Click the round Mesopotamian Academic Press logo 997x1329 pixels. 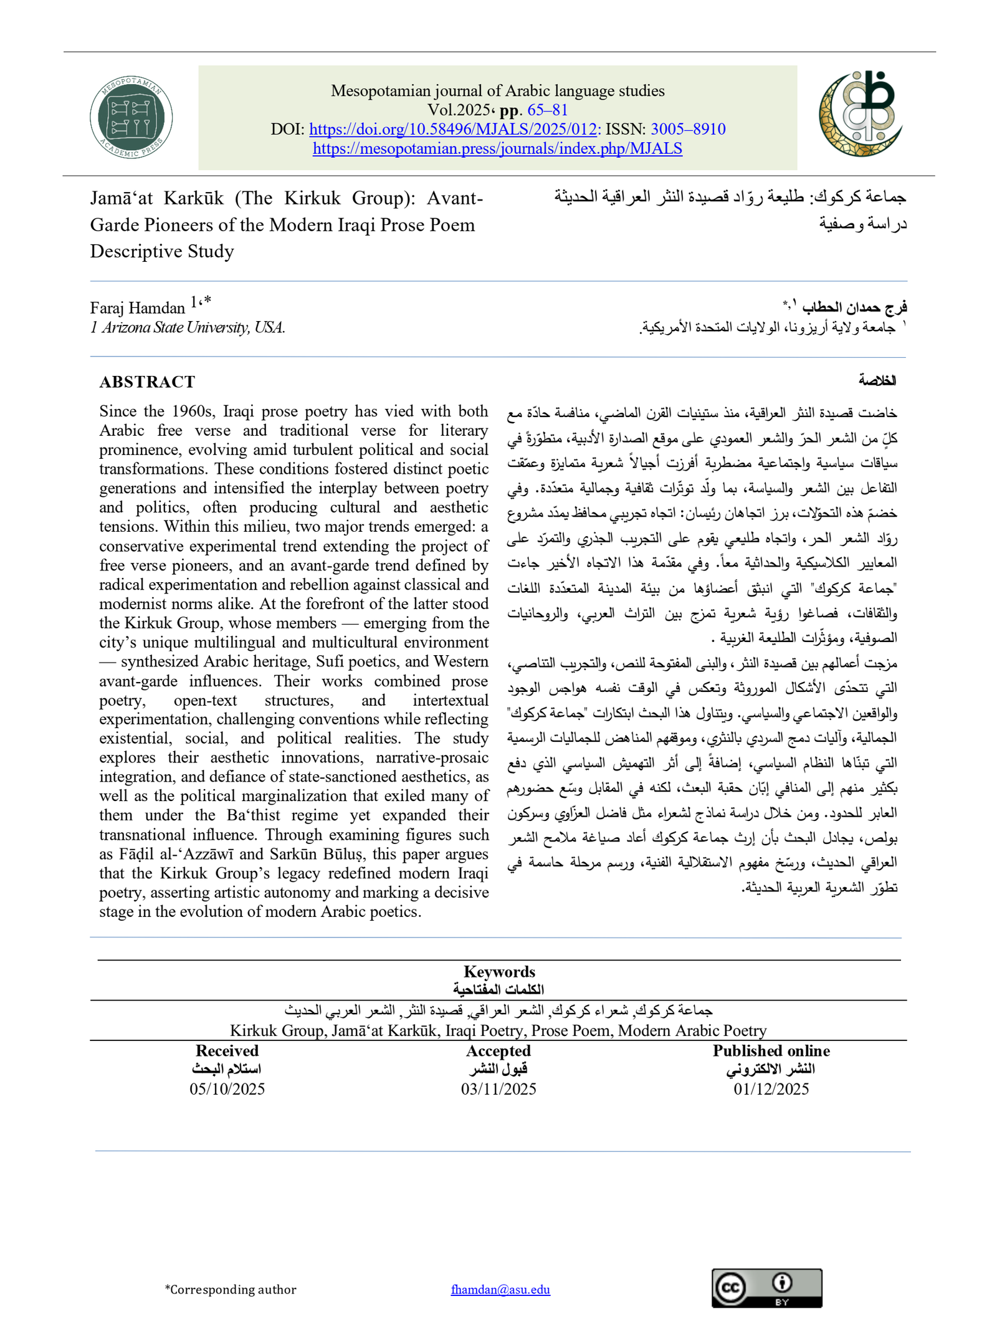click(131, 117)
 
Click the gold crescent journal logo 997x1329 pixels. click(861, 113)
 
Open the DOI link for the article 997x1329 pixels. click(453, 129)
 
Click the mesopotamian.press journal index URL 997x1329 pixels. click(497, 148)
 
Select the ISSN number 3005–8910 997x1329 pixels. click(688, 129)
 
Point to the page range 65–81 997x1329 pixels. click(548, 110)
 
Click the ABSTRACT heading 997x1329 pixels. click(147, 381)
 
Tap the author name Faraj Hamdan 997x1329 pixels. click(137, 308)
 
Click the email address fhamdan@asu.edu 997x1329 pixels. click(500, 1289)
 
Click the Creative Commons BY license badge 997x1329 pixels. click(766, 1288)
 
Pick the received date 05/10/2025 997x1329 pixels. click(227, 1088)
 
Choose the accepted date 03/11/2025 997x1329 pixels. click(499, 1088)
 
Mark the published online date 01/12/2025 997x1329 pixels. click(771, 1088)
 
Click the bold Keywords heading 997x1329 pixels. click(499, 971)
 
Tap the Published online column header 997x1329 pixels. click(771, 1050)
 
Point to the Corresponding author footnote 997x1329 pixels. click(231, 1289)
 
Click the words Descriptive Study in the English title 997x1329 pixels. click(162, 251)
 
